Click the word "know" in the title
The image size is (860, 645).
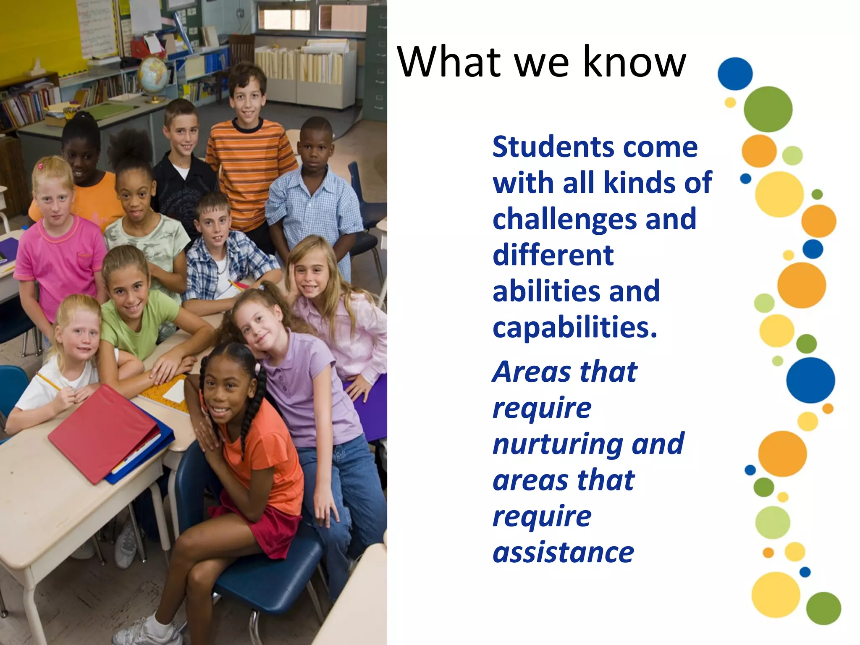[634, 62]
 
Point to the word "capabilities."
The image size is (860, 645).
[574, 328]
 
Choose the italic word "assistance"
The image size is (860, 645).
[563, 553]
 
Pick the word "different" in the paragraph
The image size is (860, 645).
[553, 255]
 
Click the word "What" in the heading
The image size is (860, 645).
[449, 62]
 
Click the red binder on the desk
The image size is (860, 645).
[103, 433]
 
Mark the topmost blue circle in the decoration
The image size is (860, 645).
[735, 73]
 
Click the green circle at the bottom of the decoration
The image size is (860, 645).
[823, 608]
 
